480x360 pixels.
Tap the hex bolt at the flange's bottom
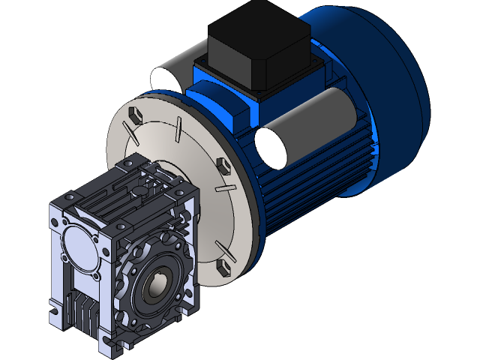[x=222, y=267]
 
